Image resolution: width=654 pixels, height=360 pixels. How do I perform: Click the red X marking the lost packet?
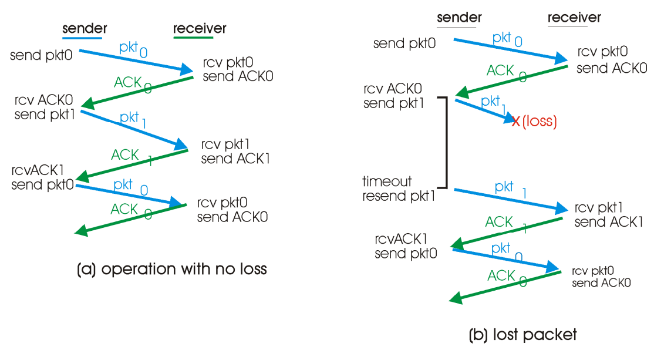[516, 122]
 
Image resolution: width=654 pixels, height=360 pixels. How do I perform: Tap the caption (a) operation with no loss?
[172, 270]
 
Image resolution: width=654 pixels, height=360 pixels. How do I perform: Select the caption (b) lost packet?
[522, 335]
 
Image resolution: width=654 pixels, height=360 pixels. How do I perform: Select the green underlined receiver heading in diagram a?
[200, 29]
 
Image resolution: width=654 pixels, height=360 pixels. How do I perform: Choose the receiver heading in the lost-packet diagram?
[574, 18]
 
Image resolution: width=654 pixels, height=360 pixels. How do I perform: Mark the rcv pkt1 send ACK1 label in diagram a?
[235, 152]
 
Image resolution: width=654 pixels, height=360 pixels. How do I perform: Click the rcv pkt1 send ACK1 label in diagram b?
[608, 215]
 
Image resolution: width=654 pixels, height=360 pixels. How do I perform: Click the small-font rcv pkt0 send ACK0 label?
[601, 277]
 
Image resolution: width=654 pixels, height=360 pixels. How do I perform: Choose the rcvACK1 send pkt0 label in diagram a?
[43, 179]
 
